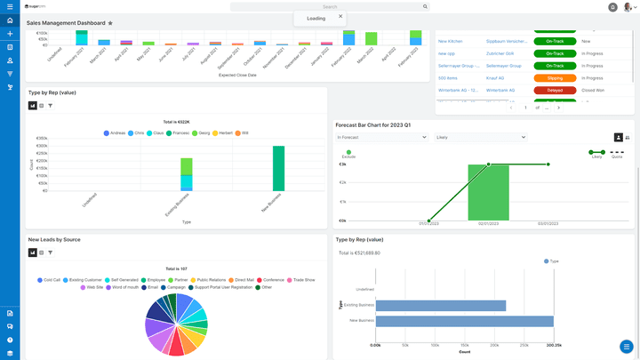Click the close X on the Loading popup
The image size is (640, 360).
(340, 15)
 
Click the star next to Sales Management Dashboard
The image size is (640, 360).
(110, 23)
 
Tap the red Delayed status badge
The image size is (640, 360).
(554, 90)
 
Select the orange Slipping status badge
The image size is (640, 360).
(554, 77)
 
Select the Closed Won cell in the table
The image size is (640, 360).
(593, 90)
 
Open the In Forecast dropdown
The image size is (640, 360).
(382, 138)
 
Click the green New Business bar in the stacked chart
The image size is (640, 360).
(278, 167)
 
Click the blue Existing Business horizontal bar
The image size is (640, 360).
(440, 305)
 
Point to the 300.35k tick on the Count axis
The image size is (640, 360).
(553, 344)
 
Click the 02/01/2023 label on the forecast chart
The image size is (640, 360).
(488, 224)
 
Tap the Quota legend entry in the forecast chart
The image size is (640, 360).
(617, 156)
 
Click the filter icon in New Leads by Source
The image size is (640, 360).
(50, 252)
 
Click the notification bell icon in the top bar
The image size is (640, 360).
(612, 7)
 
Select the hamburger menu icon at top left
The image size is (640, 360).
(10, 6)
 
